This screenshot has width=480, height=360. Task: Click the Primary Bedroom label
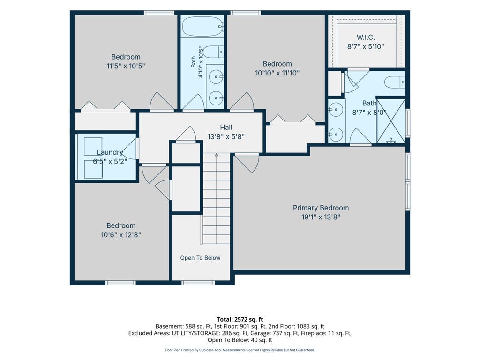click(321, 208)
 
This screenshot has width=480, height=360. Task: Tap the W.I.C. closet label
click(366, 37)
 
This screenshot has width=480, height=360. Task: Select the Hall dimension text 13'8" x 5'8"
click(226, 136)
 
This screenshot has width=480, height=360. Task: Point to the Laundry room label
click(110, 152)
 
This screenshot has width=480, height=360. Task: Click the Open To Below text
click(200, 258)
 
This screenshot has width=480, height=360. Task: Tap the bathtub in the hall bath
click(202, 26)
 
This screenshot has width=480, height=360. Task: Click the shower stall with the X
click(390, 120)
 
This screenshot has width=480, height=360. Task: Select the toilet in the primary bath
click(395, 82)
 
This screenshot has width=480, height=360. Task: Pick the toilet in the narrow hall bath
click(213, 52)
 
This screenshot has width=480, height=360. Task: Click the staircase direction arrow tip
click(217, 154)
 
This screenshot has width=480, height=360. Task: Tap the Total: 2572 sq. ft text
click(240, 320)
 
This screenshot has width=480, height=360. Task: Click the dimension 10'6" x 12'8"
click(121, 235)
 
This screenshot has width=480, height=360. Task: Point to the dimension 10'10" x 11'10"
click(277, 73)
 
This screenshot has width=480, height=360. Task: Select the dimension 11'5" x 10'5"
click(126, 66)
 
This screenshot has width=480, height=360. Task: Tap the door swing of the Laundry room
click(130, 149)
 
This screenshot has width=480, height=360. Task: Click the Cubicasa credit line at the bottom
click(240, 350)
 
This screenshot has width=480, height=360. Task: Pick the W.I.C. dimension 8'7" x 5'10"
click(366, 46)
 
